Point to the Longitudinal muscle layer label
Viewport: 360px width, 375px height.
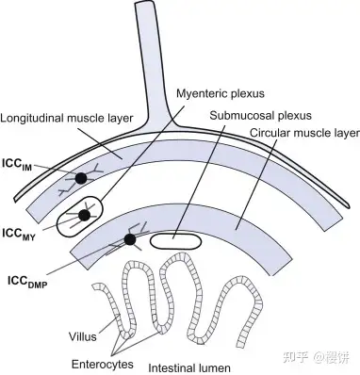click(x=68, y=120)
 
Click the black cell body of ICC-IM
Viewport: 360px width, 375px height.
click(x=82, y=178)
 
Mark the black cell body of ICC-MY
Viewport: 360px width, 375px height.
click(x=84, y=216)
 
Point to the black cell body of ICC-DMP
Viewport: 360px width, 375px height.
click(x=130, y=239)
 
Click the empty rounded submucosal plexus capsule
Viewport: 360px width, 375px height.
click(x=176, y=239)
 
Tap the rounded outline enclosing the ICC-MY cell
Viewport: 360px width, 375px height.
click(x=59, y=222)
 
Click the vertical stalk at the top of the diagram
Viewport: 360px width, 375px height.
click(x=145, y=47)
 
